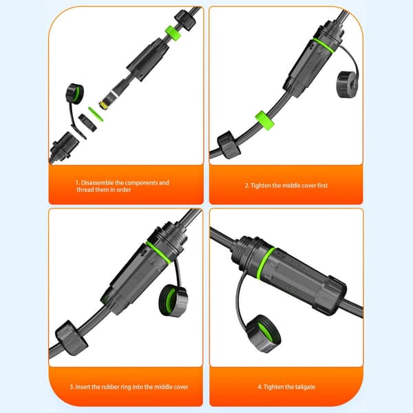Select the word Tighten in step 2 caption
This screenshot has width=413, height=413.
coord(260,185)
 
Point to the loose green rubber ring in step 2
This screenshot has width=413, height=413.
coord(265,120)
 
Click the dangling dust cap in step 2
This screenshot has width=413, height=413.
coord(346,84)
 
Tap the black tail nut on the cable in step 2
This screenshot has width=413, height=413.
coord(229,145)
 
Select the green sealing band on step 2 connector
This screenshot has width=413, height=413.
coord(324,45)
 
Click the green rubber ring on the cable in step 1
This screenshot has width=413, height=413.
coord(173,33)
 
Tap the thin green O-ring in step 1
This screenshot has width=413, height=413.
coord(96,114)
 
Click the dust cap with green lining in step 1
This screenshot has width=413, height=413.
coord(74,94)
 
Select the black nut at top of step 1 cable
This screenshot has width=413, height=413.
coord(185,20)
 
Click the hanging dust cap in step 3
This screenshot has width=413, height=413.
coord(173,300)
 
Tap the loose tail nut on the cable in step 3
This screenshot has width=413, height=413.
coord(71,338)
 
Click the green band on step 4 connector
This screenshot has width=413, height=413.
coord(266,264)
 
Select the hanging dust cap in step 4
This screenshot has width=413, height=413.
coord(263,334)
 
